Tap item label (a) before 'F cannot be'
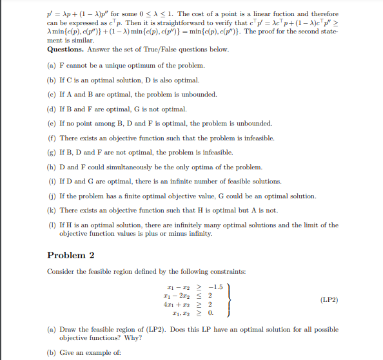coord(51,66)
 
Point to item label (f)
coord(51,138)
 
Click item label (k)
coord(51,210)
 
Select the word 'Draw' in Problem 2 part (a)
coord(68,329)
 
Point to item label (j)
coord(51,196)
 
